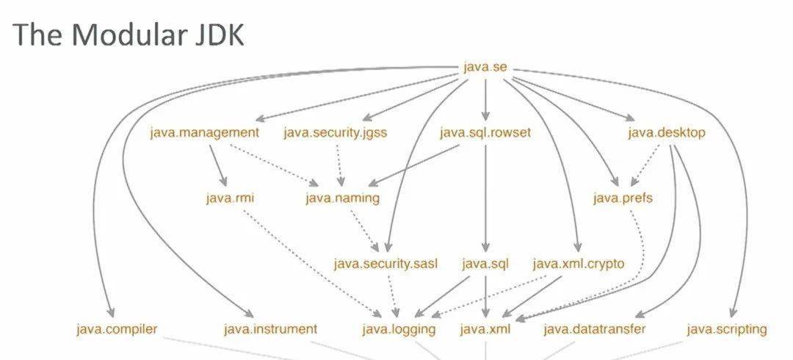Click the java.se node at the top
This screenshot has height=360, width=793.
[x=485, y=68]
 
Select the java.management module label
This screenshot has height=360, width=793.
[x=205, y=133]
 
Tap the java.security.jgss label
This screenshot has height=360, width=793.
[x=335, y=133]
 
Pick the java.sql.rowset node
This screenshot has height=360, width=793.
[x=485, y=133]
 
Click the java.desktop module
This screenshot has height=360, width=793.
[x=667, y=133]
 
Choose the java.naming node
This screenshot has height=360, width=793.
[x=343, y=198]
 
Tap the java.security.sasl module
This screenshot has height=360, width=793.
[x=385, y=263]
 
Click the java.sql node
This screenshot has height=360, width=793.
[x=485, y=263]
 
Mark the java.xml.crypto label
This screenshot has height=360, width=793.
[x=579, y=263]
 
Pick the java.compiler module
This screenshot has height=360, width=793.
[x=117, y=328]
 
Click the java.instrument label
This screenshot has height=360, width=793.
[x=270, y=328]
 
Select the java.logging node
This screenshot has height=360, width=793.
[x=399, y=328]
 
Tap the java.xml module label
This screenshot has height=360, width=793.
[x=485, y=328]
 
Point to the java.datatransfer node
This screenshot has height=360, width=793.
[x=595, y=328]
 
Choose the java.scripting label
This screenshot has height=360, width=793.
[x=727, y=328]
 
